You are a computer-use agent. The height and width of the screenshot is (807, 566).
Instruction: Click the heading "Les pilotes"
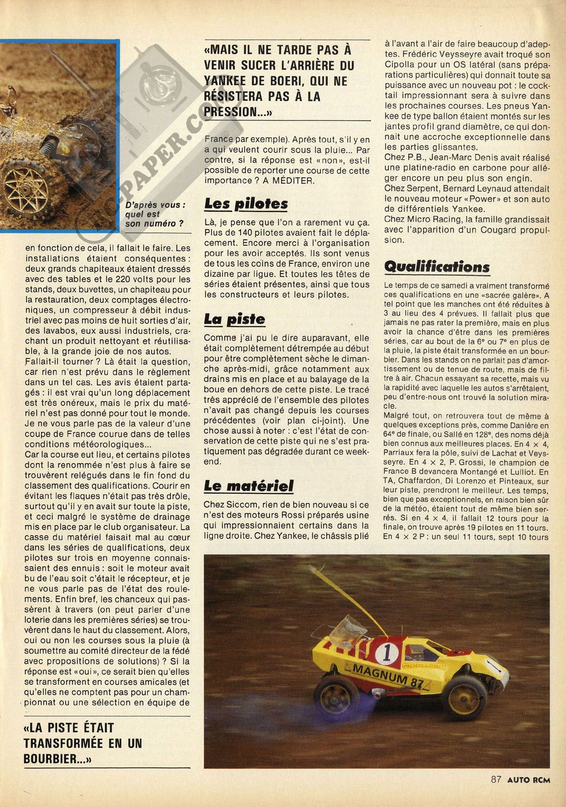[246, 203]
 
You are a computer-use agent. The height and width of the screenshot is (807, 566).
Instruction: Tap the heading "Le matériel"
[249, 486]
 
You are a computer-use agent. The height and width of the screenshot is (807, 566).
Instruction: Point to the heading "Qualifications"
[437, 266]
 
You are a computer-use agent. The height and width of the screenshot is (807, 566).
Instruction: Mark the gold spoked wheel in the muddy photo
[24, 194]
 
